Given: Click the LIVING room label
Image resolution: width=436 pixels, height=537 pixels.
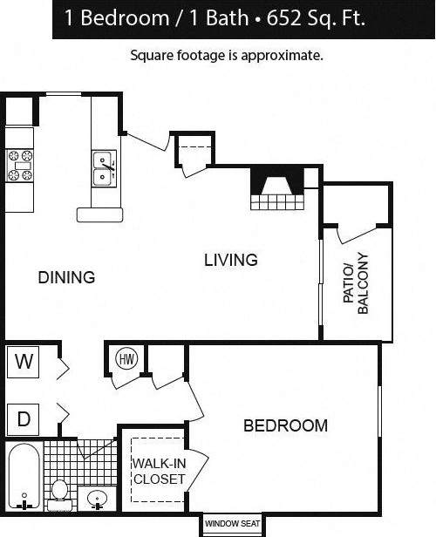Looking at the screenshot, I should coord(231,260).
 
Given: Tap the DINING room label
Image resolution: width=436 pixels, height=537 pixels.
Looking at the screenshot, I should coord(66,278).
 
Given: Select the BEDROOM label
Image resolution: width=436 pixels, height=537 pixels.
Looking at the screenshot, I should coord(285,425).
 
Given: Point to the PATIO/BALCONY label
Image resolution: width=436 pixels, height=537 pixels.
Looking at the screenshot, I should coord(356,278).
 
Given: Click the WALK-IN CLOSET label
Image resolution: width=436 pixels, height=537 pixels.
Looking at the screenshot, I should coord(159,471).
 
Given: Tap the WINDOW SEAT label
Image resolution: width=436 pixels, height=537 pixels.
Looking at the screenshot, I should coord(233,524).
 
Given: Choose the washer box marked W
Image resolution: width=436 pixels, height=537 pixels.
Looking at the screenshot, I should coord(24,363).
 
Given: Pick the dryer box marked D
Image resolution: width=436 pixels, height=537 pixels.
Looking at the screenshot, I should coord(24,419).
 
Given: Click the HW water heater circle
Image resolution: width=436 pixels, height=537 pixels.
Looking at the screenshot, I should coord(125,357).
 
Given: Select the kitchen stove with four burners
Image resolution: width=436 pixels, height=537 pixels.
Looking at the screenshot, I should coord(20,166).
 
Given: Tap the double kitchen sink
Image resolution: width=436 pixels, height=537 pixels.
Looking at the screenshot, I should coord(104,169).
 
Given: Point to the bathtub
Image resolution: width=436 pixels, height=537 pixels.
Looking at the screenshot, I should coord(24,477).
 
